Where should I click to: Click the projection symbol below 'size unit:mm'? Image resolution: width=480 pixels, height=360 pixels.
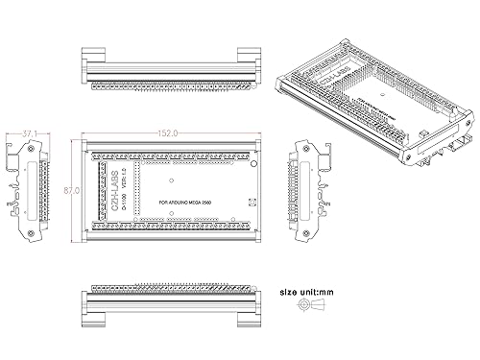pos(310,306)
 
